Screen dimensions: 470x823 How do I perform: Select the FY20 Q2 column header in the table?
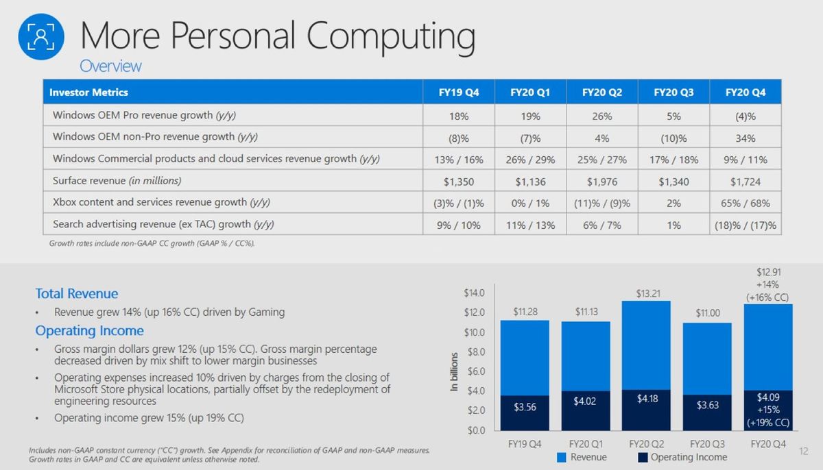[x=601, y=92]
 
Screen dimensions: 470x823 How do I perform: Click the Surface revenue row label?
[x=117, y=182]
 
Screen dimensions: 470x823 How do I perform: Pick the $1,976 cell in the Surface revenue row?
[x=601, y=182]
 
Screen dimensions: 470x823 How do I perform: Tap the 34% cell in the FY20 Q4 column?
[x=745, y=138]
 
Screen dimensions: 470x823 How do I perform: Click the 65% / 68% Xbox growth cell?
[x=745, y=203]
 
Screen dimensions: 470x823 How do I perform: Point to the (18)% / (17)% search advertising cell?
[x=745, y=225]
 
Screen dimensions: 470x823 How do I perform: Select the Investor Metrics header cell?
[x=89, y=92]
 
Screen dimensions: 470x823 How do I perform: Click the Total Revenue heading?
[x=77, y=294]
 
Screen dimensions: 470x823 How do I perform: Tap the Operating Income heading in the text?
[x=89, y=331]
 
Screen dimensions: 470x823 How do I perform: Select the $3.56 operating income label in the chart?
[x=525, y=406]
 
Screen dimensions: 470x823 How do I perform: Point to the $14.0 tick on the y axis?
[x=474, y=293]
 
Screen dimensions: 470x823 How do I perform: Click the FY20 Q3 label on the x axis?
[x=706, y=444]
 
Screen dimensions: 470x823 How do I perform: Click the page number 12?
[x=804, y=452]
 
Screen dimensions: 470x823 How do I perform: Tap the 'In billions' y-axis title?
[x=454, y=372]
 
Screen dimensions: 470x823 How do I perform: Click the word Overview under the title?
[x=110, y=66]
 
